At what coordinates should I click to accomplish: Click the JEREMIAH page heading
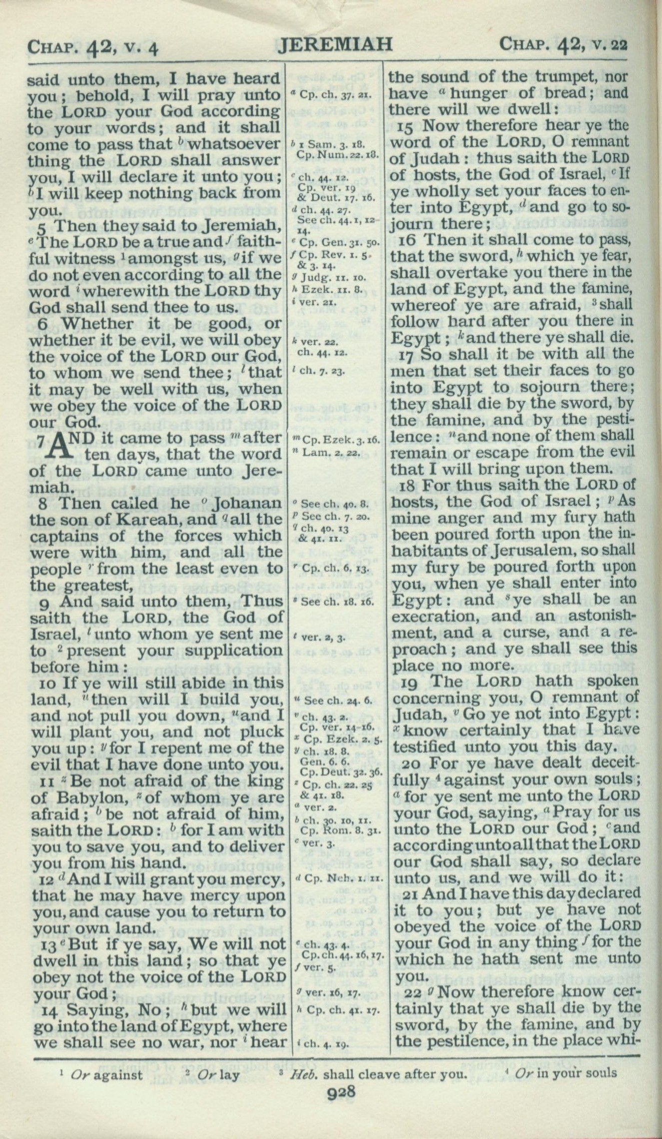pyautogui.click(x=333, y=46)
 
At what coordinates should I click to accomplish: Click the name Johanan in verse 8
pyautogui.click(x=247, y=503)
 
